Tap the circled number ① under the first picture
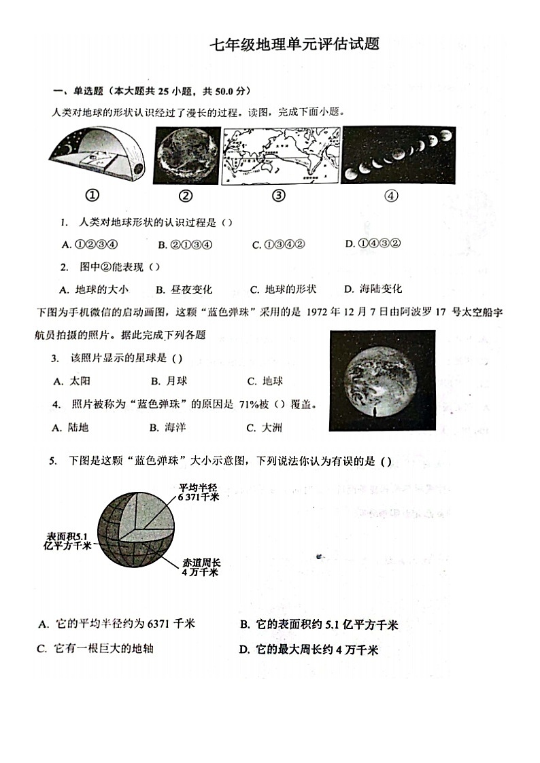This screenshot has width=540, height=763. pyautogui.click(x=92, y=196)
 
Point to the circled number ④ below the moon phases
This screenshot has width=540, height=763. pyautogui.click(x=390, y=196)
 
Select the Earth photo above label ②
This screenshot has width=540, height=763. pyautogui.click(x=186, y=156)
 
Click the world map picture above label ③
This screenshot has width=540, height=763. pyautogui.click(x=280, y=156)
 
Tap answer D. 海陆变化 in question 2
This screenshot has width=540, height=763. pyautogui.click(x=372, y=289)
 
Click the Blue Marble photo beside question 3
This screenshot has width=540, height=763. pyautogui.click(x=382, y=380)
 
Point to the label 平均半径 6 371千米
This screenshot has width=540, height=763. pyautogui.click(x=199, y=493)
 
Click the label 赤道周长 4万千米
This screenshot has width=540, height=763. pyautogui.click(x=200, y=568)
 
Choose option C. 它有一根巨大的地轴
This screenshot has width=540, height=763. pyautogui.click(x=95, y=648)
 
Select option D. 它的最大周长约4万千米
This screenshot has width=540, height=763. pyautogui.click(x=308, y=650)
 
